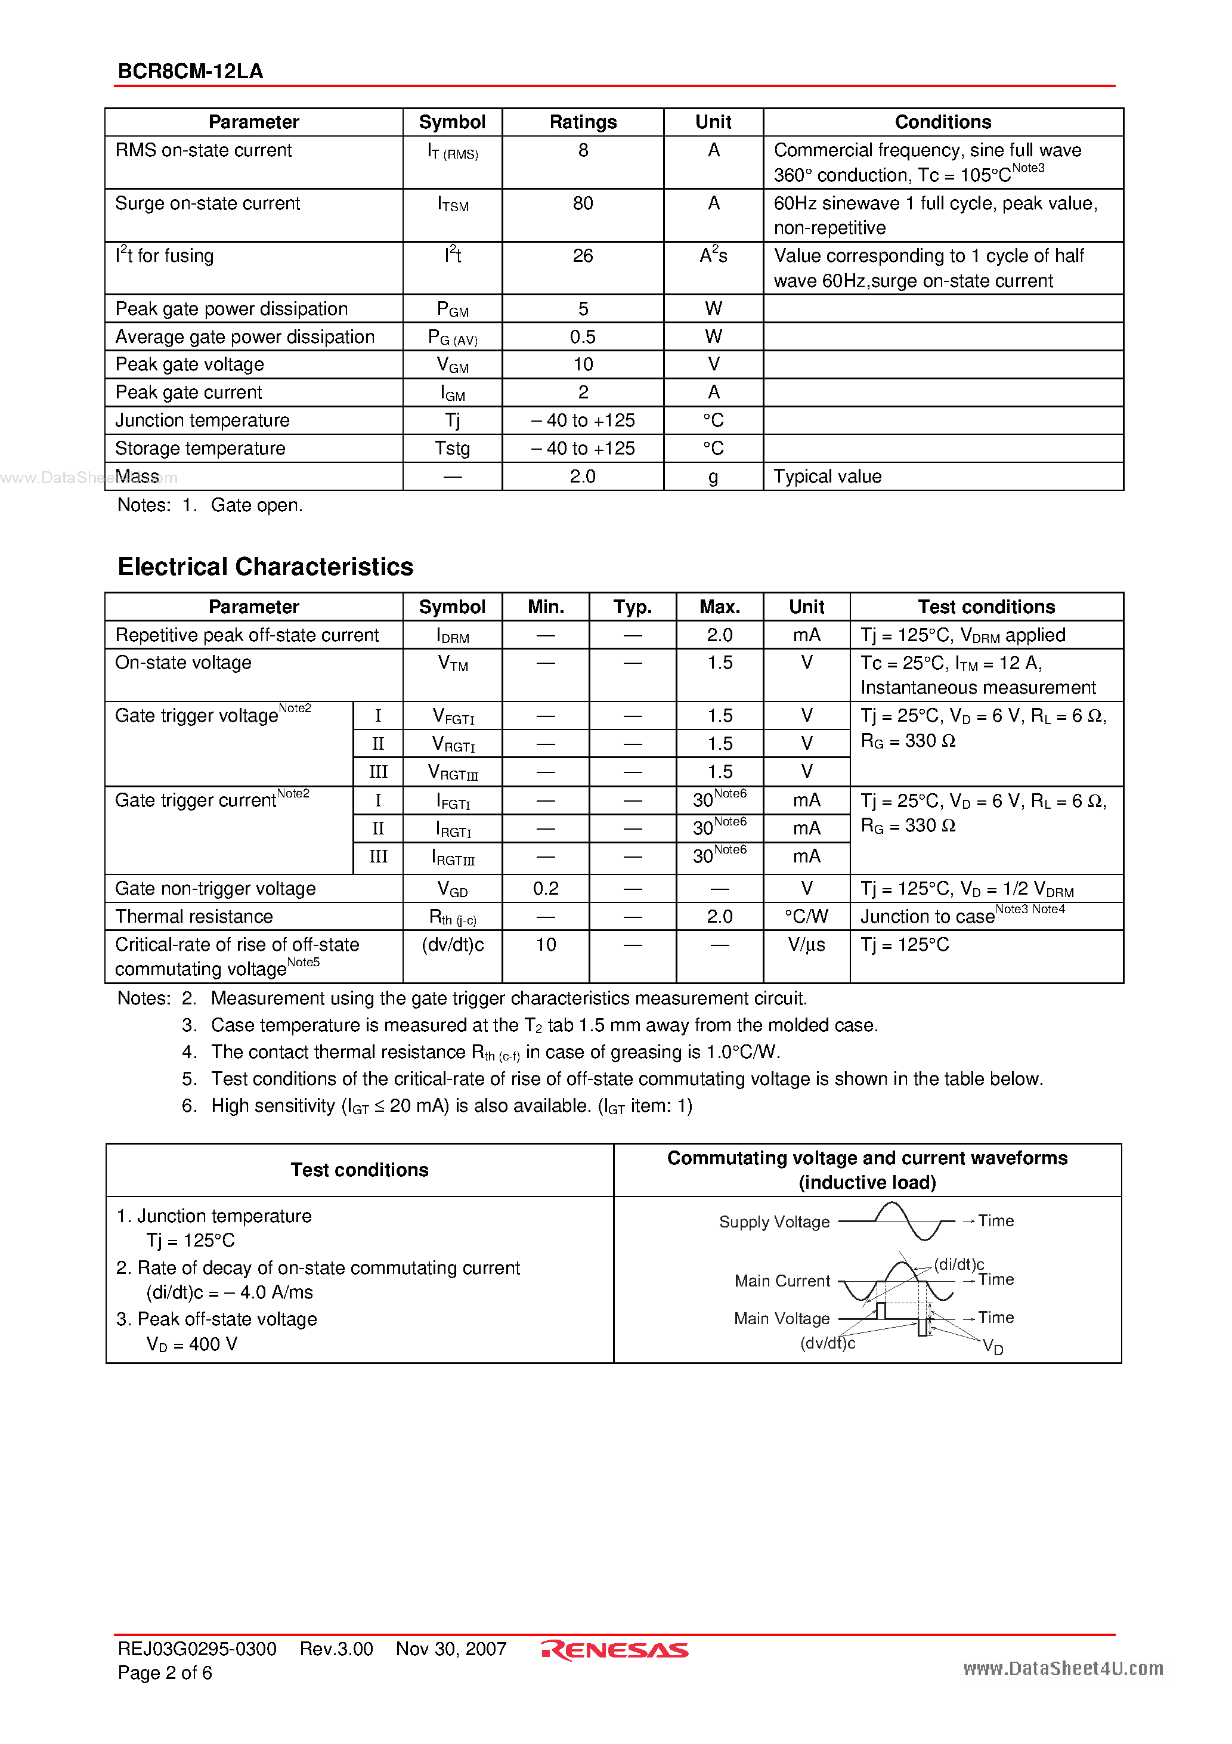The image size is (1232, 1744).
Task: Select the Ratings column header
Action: [583, 122]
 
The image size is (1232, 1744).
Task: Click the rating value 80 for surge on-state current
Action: [583, 203]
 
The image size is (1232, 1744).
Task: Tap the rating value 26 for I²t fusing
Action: [583, 256]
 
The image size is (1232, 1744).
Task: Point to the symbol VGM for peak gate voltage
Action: [453, 366]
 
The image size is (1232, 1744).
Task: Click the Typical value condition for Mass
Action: [827, 477]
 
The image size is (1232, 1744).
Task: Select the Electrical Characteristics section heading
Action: [265, 567]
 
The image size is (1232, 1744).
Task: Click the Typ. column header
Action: [632, 607]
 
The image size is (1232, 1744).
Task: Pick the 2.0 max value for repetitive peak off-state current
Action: [719, 635]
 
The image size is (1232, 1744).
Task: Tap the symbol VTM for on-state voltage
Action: [453, 664]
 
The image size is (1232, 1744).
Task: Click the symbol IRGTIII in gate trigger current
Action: [453, 858]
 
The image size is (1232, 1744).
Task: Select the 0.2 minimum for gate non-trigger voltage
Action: [546, 889]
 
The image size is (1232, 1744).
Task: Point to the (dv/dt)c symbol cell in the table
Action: [453, 945]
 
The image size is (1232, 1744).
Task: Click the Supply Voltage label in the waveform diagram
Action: [774, 1222]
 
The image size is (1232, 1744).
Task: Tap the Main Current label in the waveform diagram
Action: [782, 1281]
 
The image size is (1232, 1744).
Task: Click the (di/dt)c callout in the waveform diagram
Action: [958, 1264]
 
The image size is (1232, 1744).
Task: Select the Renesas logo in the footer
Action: [614, 1650]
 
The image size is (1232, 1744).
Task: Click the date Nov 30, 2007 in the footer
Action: [451, 1649]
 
